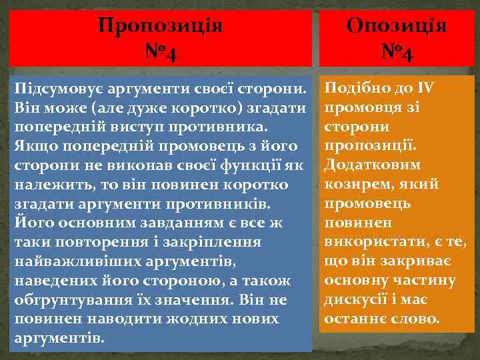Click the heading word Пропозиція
pos(160,26)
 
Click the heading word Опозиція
pos(397,26)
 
